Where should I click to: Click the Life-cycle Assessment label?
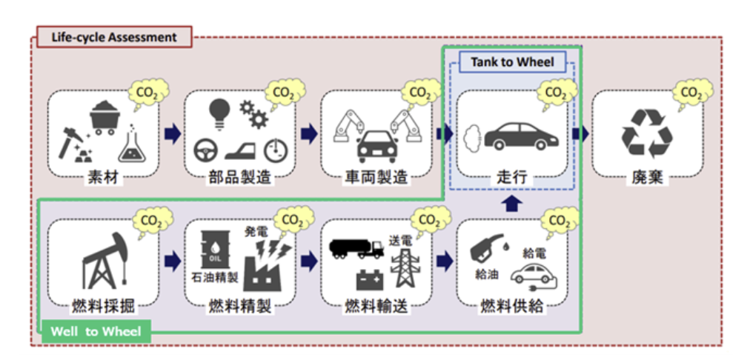pos(113,36)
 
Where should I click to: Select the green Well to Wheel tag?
pos(95,331)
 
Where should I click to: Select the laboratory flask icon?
pos(131,144)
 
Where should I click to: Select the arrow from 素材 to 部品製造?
pos(171,133)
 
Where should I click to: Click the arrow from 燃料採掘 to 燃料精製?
pos(171,261)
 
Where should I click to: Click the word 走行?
pos(511,178)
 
